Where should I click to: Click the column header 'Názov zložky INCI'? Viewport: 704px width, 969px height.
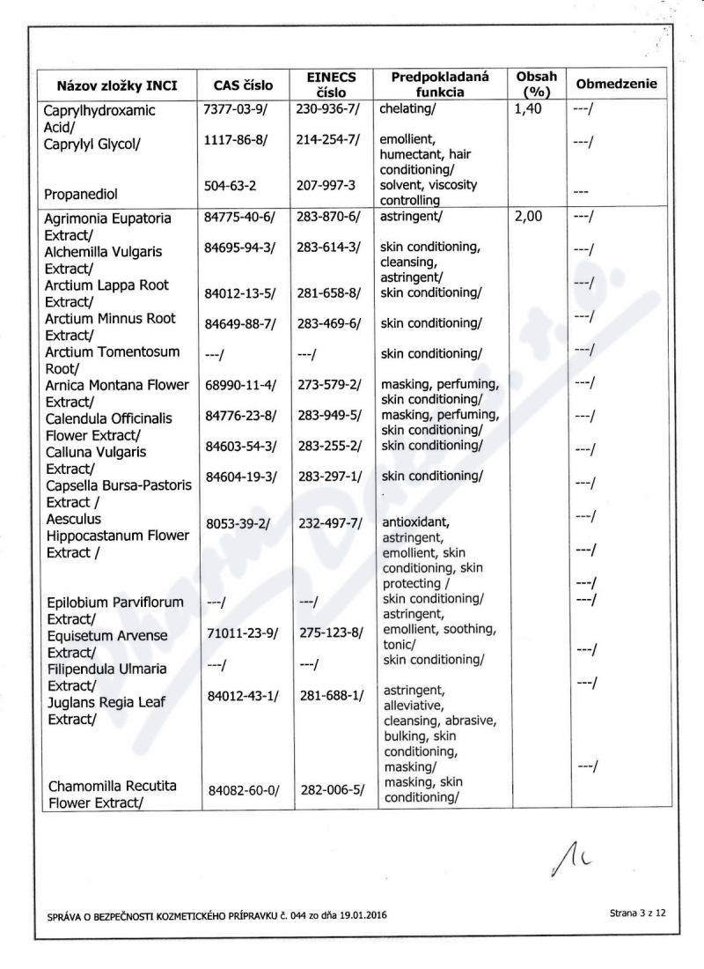click(x=116, y=86)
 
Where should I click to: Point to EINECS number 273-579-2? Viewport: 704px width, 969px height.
click(x=330, y=384)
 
